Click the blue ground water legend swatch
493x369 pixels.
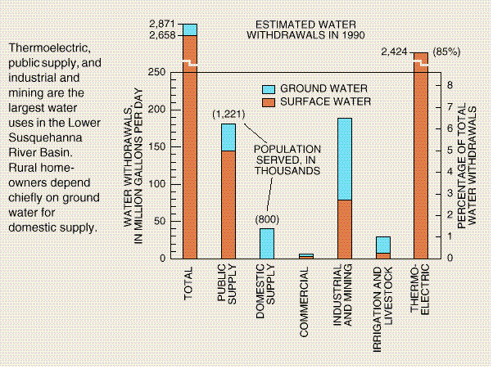[268, 88]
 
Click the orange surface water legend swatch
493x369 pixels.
[268, 101]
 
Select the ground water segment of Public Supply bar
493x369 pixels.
[228, 137]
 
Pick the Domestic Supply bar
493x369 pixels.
[267, 243]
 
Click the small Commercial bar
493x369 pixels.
[305, 256]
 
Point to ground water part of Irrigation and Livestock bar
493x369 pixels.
[382, 245]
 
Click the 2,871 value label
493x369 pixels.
[165, 27]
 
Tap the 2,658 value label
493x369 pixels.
[165, 38]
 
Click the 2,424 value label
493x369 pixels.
[396, 53]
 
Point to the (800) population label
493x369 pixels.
[267, 219]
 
